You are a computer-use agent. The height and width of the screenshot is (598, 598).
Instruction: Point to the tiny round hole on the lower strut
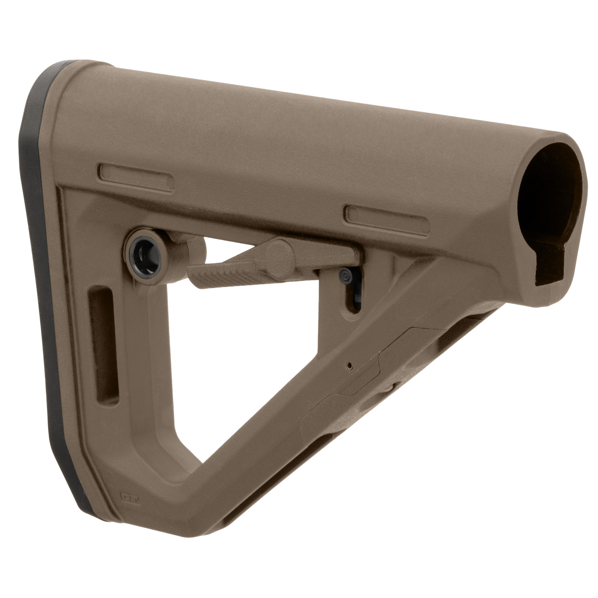pos(350,366)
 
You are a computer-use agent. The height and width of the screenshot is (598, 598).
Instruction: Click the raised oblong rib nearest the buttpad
pos(136,178)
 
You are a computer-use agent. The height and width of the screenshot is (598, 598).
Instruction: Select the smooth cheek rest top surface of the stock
pos(279,124)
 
